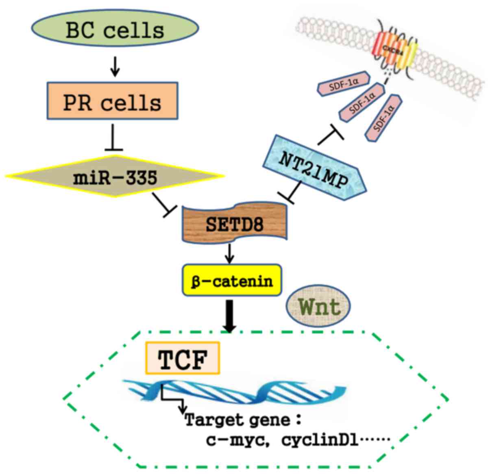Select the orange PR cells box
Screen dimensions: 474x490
[x=112, y=101]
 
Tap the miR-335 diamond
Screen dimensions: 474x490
[x=115, y=177]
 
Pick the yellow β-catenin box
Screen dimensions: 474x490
[x=232, y=280]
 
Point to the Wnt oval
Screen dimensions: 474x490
[x=318, y=306]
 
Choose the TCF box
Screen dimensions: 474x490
[x=183, y=358]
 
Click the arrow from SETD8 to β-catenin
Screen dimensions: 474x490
[x=231, y=253]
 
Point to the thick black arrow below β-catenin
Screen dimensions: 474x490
[x=230, y=315]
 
